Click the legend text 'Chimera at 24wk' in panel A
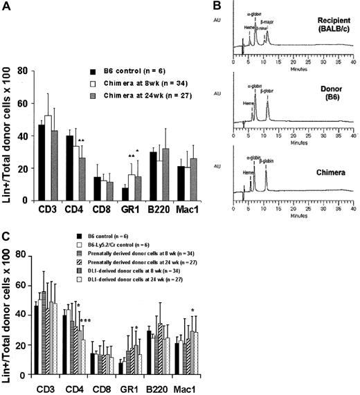[131, 93]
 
